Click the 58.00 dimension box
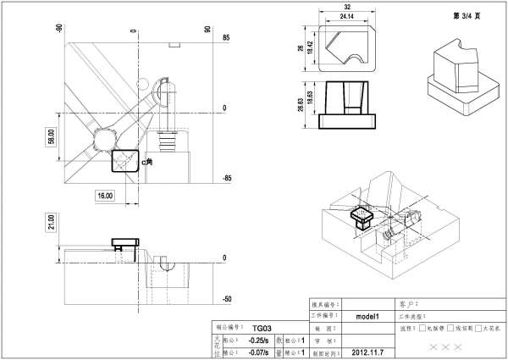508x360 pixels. tap(51, 136)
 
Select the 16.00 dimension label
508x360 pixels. tap(105, 196)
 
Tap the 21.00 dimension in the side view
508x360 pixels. tap(51, 223)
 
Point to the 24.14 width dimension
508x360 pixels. tap(346, 16)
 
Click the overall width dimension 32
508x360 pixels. tap(346, 8)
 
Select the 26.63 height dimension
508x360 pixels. tap(301, 103)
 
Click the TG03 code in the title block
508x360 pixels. tap(262, 328)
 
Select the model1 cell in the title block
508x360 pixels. tap(367, 315)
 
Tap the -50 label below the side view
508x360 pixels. tap(227, 300)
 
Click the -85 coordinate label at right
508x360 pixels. tap(227, 179)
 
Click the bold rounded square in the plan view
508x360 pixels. tap(124, 159)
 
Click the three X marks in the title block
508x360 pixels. tap(446, 347)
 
